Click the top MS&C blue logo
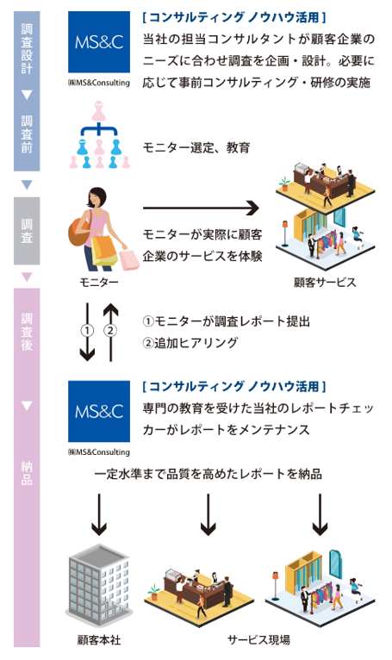tap(99, 41)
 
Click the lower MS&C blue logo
tap(99, 408)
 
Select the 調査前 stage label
tap(26, 134)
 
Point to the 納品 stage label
tap(26, 473)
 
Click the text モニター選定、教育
tap(196, 148)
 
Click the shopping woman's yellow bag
tap(105, 250)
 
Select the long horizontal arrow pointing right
tap(200, 208)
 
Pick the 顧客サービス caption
tap(325, 282)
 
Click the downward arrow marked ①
tap(86, 331)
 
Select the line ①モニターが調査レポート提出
tap(226, 321)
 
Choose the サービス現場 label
tap(259, 640)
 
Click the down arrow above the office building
tap(98, 514)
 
